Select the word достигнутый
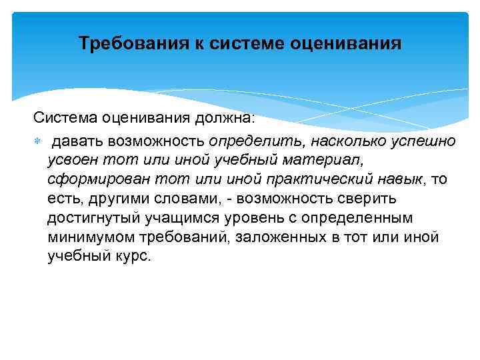tap(91, 219)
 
